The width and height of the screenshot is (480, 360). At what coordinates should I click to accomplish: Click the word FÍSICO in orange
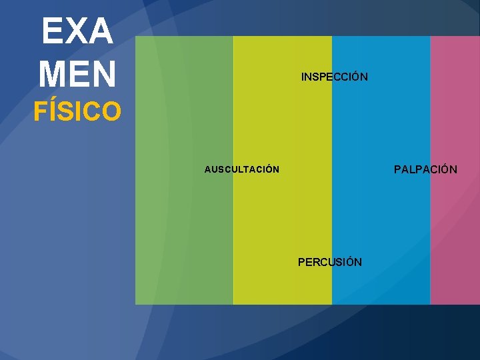[x=77, y=111]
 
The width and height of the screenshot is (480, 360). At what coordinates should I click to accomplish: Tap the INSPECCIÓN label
[x=334, y=77]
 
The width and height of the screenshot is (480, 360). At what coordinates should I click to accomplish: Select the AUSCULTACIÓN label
[x=241, y=169]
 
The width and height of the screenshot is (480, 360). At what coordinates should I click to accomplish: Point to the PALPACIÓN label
[x=425, y=169]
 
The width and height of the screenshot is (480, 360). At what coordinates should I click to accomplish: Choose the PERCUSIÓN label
[x=330, y=262]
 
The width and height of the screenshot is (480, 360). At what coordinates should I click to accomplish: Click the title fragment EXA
[x=77, y=31]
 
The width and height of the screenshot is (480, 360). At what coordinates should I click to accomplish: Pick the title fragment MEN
[x=77, y=73]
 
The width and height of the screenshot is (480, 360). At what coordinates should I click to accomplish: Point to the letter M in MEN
[x=52, y=73]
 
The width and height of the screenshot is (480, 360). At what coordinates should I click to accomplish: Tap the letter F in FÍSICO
[x=40, y=111]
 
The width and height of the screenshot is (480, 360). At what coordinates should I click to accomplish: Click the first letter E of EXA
[x=51, y=31]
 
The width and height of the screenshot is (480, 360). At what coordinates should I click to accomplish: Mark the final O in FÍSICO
[x=111, y=111]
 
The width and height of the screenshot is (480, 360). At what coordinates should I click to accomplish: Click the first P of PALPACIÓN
[x=398, y=169]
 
